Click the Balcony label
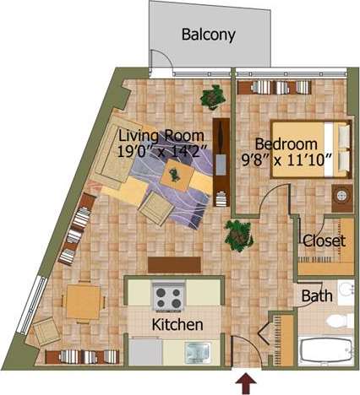[208, 35]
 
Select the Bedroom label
[286, 143]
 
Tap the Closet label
[324, 241]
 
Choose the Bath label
[317, 296]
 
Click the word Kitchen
[176, 325]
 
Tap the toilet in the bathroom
[340, 320]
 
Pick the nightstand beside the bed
[341, 196]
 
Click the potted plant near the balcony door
[211, 97]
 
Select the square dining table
[83, 301]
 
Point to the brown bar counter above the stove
[174, 264]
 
